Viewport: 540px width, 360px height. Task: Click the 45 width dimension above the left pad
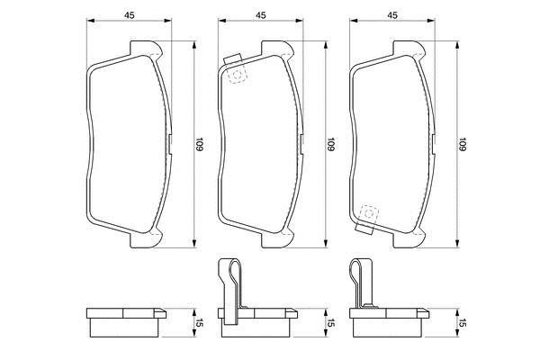click(129, 15)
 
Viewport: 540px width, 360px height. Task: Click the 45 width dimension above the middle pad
click(261, 15)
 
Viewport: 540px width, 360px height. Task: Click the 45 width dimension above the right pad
click(392, 15)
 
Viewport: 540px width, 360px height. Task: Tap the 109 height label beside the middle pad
click(331, 144)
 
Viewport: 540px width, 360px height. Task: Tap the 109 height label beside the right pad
click(463, 144)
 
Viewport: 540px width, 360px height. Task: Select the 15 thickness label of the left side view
click(200, 323)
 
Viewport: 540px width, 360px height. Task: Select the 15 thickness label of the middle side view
click(331, 323)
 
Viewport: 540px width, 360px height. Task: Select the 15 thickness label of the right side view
click(463, 323)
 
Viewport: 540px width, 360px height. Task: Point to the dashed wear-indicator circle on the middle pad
click(236, 75)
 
